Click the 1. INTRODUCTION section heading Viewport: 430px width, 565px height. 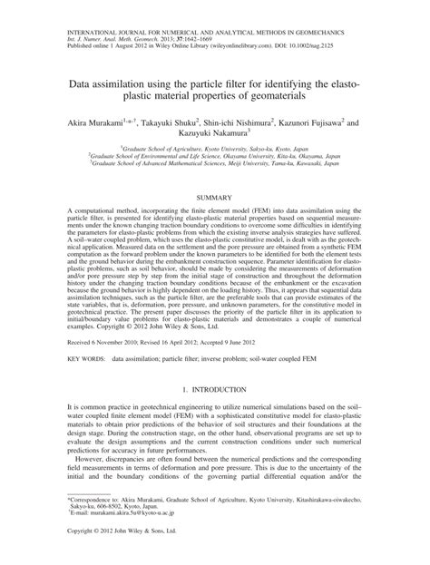tap(214, 389)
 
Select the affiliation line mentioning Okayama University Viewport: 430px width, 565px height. tap(214, 156)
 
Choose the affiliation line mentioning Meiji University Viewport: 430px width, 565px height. tap(214, 163)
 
